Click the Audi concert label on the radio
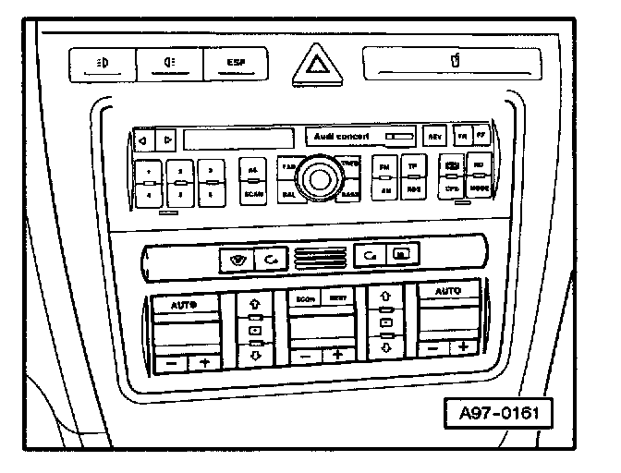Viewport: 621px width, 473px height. [342, 137]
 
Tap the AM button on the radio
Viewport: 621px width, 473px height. [384, 189]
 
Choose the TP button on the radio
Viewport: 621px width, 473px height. [413, 166]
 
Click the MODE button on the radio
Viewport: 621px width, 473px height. [479, 188]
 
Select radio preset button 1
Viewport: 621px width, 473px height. [150, 172]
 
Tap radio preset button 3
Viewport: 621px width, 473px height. [212, 172]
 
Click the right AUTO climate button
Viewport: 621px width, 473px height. [448, 291]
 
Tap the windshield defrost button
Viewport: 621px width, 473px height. [235, 259]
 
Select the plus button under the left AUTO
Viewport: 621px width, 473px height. [203, 363]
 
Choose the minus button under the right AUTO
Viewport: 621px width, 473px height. [432, 348]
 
